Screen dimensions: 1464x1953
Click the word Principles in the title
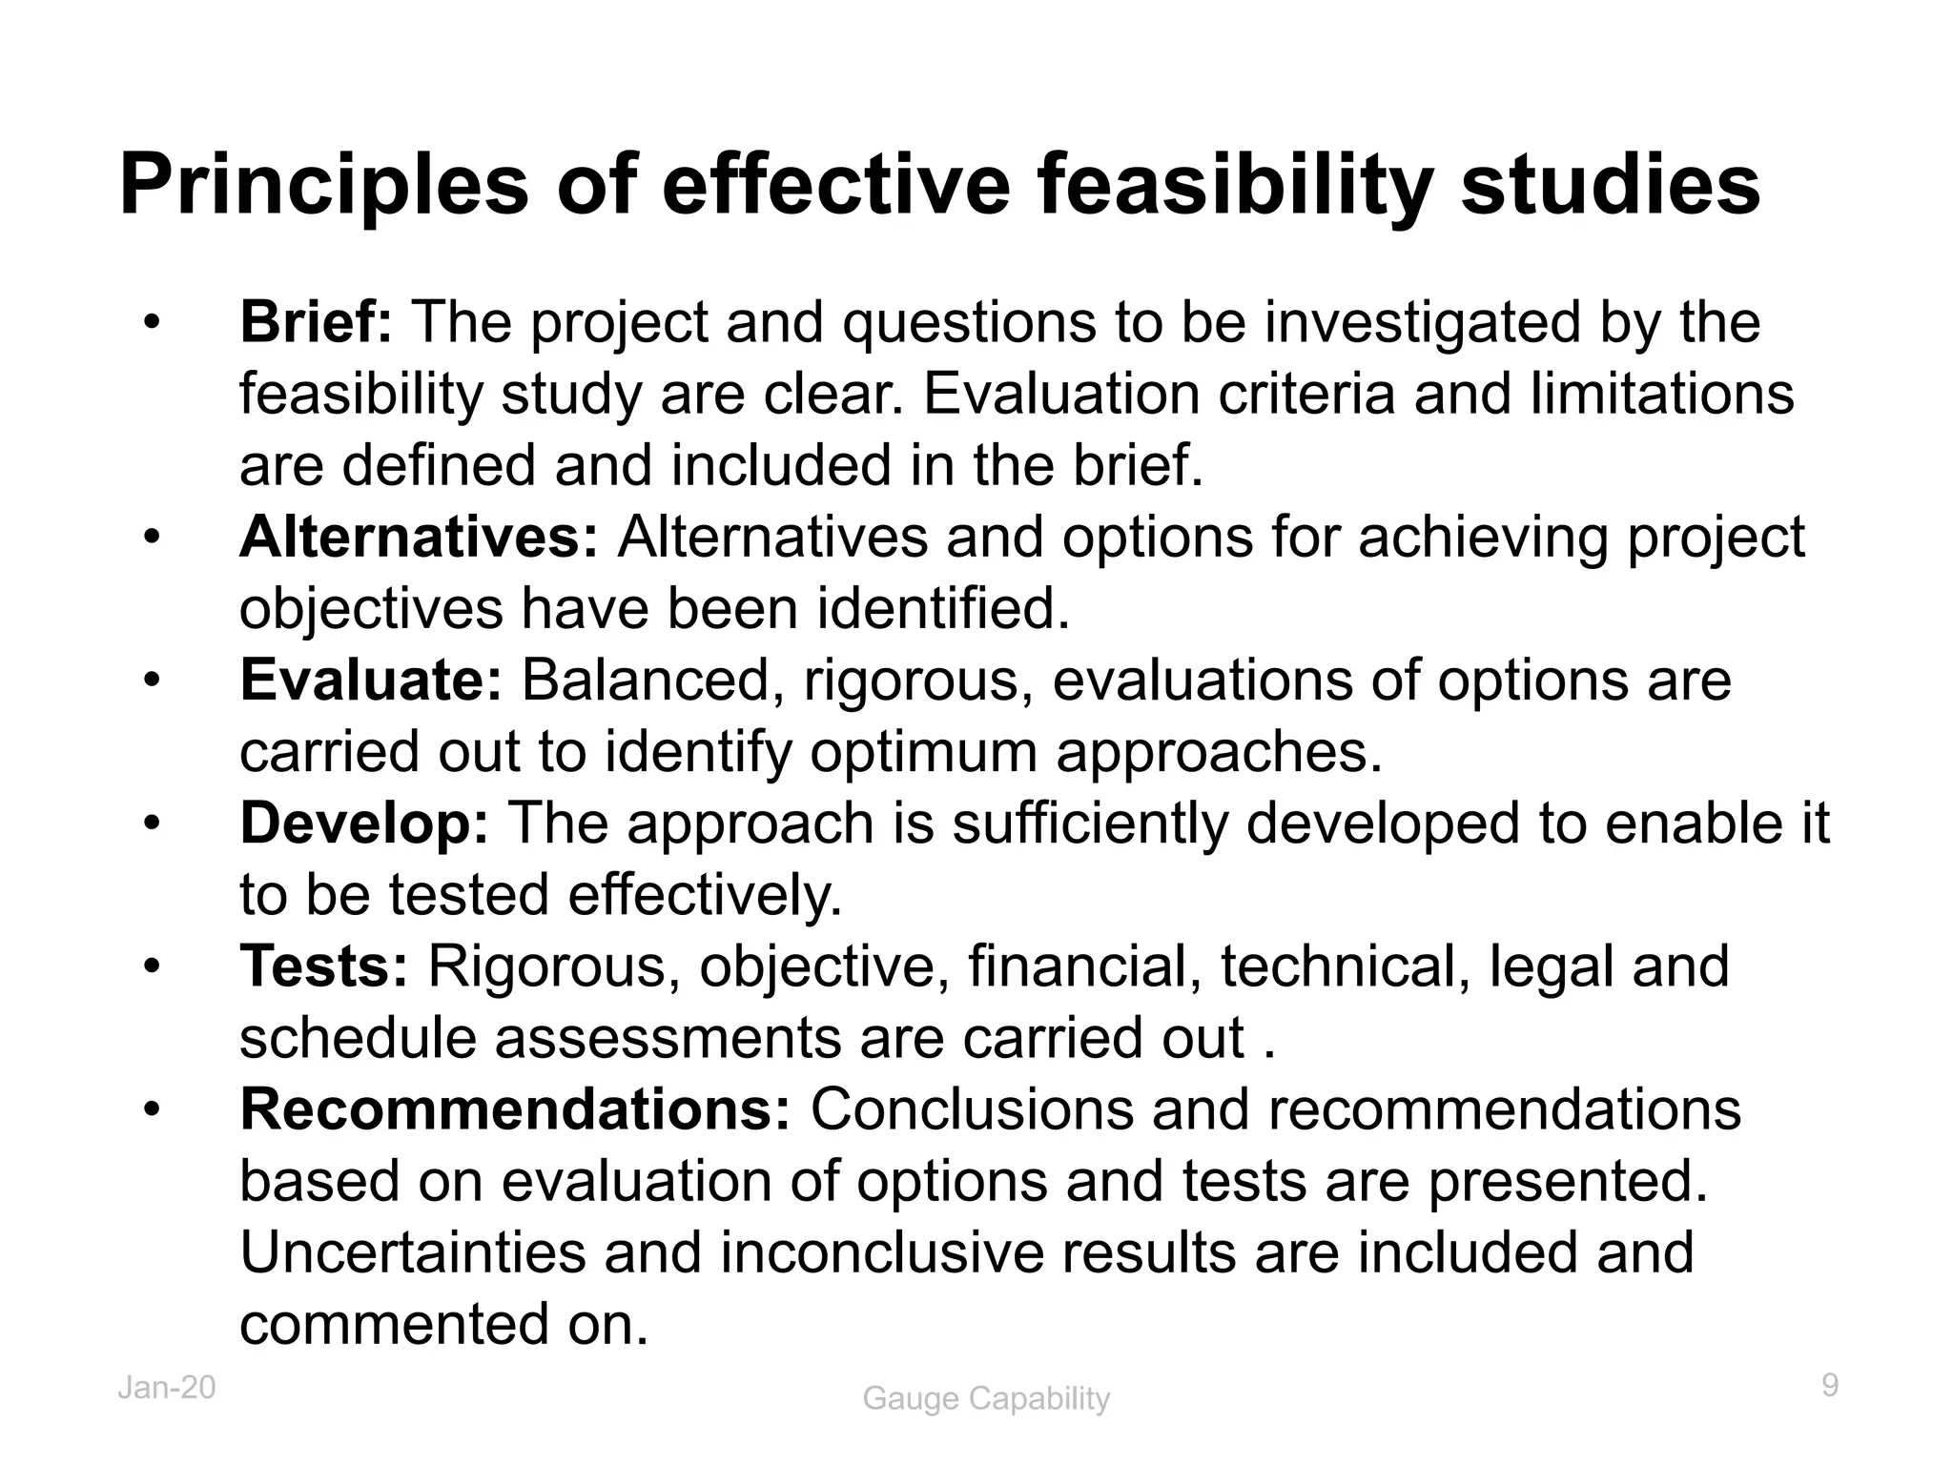point(323,187)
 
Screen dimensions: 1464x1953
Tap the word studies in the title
point(1610,187)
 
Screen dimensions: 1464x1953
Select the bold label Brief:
point(316,322)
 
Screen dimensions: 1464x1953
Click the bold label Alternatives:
point(419,537)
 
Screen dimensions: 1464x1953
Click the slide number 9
point(1830,1385)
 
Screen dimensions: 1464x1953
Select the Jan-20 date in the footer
point(167,1388)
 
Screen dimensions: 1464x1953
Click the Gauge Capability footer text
point(986,1399)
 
